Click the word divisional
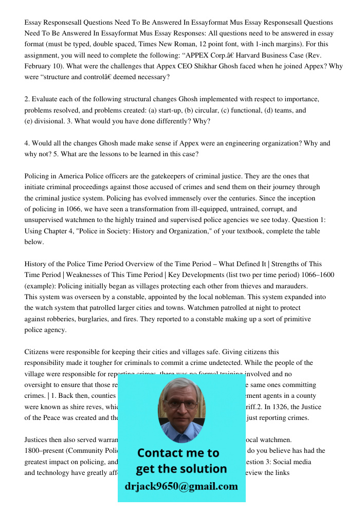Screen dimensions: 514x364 (48, 121)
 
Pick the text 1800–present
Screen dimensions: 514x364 (45, 451)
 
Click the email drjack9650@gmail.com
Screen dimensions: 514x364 (181, 486)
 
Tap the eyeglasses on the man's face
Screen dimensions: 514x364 (181, 405)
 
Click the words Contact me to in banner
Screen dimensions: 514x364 (178, 453)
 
